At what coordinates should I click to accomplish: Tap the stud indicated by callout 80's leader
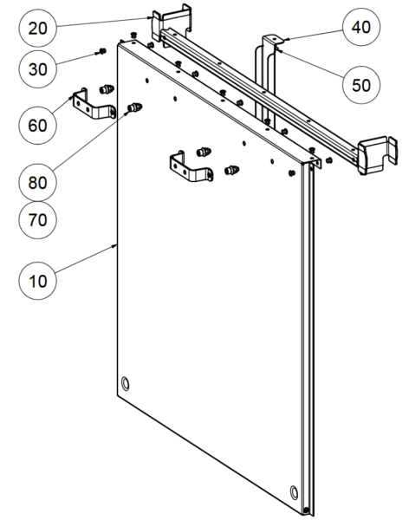pos(134,107)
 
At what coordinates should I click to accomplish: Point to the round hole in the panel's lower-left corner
pos(127,382)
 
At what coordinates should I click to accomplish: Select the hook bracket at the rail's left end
pos(171,23)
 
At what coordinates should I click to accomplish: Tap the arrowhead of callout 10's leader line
pos(116,246)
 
